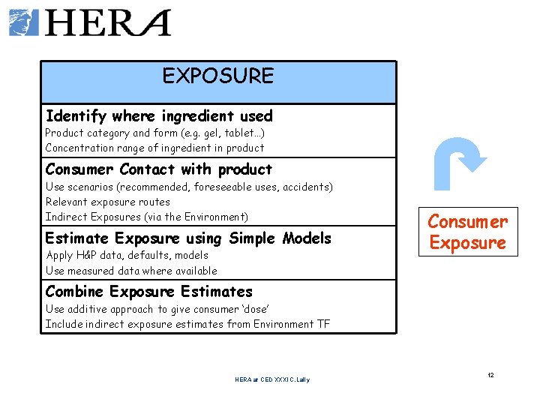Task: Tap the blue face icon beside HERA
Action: point(24,22)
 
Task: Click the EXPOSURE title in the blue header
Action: point(218,76)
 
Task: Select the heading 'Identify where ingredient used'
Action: point(159,116)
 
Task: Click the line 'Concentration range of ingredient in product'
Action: point(154,148)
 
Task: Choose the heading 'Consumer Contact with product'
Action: point(159,169)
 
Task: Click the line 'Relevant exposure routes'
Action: point(108,202)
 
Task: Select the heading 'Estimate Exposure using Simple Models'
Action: point(188,238)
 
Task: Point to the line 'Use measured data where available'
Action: point(131,271)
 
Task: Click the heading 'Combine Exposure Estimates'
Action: point(149,292)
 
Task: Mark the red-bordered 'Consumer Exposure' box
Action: point(468,232)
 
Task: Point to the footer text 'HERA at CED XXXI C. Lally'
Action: point(271,379)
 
